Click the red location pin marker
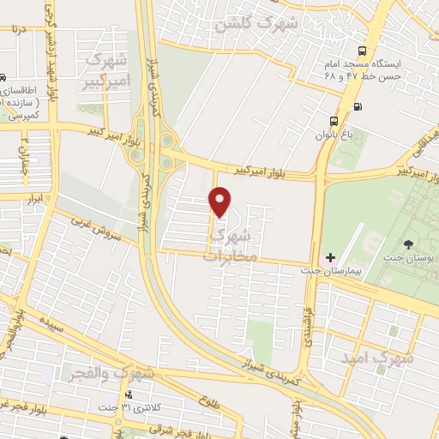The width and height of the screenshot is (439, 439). pyautogui.click(x=220, y=201)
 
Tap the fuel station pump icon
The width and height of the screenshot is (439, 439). pyautogui.click(x=357, y=106)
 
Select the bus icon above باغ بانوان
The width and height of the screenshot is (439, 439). pyautogui.click(x=335, y=120)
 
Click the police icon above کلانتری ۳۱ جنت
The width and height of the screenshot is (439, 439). pyautogui.click(x=129, y=394)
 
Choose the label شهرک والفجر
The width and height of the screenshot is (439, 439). pyautogui.click(x=110, y=373)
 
